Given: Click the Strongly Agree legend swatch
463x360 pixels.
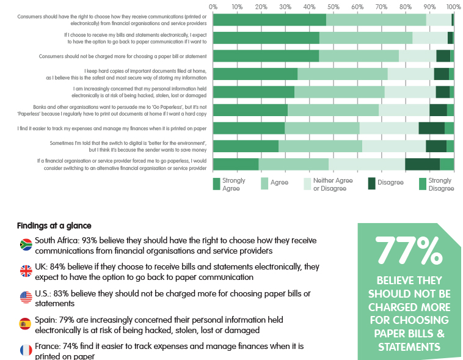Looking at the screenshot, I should (x=216, y=184).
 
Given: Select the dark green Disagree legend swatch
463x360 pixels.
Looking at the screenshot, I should (x=373, y=183).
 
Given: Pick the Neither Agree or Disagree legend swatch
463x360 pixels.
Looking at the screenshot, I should (x=308, y=184).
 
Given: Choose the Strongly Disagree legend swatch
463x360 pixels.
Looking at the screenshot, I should (x=423, y=184).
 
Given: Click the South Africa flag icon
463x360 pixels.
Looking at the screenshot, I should (x=26, y=244).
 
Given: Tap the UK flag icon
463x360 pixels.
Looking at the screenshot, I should (x=26, y=271).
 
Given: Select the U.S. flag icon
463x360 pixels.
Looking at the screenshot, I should (x=26, y=297).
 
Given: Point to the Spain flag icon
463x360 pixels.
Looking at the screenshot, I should (x=26, y=323).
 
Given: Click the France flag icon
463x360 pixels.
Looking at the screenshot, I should (x=26, y=350).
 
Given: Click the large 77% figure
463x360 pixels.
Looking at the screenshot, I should (x=409, y=250).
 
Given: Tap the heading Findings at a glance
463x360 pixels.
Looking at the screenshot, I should (x=54, y=225).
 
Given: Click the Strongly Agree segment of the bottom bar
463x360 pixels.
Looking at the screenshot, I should (x=236, y=164).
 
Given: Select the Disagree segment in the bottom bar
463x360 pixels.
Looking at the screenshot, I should (x=422, y=164).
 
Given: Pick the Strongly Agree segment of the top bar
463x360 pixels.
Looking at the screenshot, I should (x=269, y=20).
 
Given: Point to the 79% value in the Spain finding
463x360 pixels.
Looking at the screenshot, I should (x=69, y=320).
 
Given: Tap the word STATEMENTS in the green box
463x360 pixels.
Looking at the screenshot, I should (x=409, y=347).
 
